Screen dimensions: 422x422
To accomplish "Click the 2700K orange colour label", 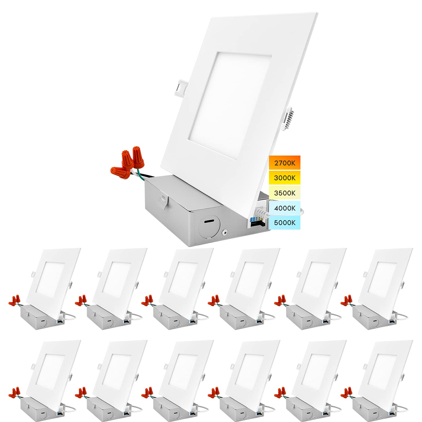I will (x=284, y=163).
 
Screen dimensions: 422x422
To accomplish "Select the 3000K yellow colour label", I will (x=284, y=178).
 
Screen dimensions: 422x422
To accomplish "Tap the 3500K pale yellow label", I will (x=284, y=193).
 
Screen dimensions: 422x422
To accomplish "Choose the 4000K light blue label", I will (x=284, y=208).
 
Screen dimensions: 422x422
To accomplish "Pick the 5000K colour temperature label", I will (x=284, y=223).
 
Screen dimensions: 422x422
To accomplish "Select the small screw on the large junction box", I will (x=225, y=232).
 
